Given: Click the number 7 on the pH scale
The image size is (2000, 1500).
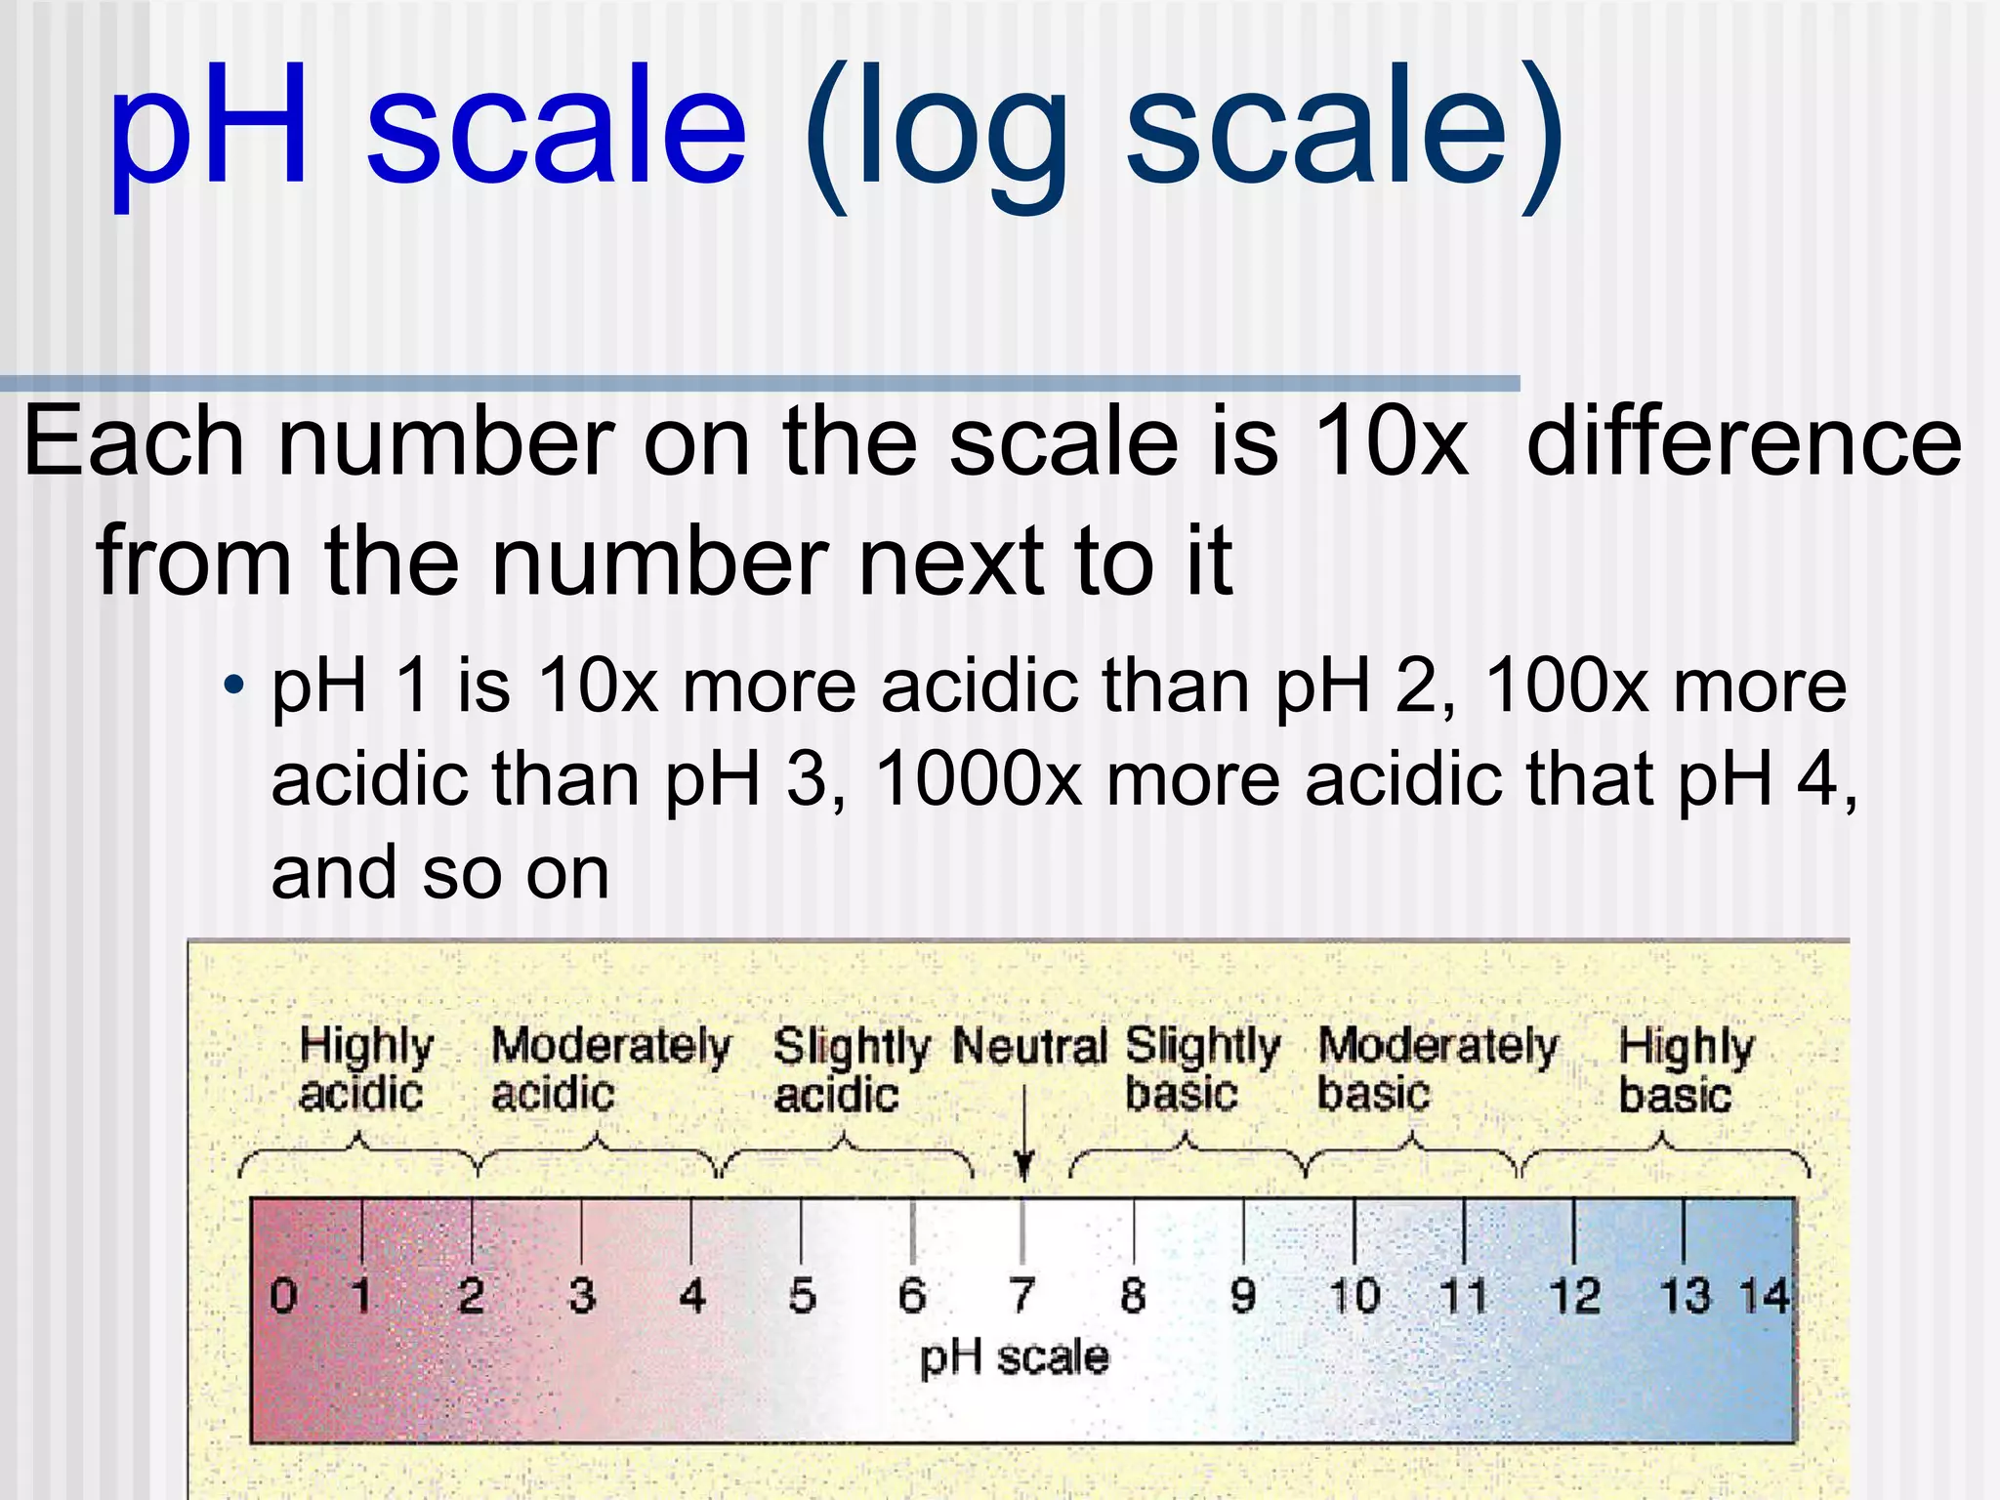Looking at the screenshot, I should tap(1021, 1296).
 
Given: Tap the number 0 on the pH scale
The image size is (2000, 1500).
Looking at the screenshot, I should tap(283, 1296).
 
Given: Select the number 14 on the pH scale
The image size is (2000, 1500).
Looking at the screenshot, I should tap(1764, 1296).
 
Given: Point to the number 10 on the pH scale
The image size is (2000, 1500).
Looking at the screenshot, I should tap(1354, 1296).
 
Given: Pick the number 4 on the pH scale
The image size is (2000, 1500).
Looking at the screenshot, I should tap(692, 1296).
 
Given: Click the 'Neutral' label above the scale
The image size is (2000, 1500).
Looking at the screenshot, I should tap(1029, 1046).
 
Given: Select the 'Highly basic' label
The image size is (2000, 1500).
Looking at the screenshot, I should tap(1686, 1069).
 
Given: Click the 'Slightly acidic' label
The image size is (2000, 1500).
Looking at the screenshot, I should tap(850, 1069).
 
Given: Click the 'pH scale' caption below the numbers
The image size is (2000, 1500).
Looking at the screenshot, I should tap(1015, 1357).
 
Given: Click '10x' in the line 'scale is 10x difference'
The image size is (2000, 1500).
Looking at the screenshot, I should tap(1391, 442).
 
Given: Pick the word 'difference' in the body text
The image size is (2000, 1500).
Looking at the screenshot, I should tap(1744, 442).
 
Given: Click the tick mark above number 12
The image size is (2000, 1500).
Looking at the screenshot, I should tap(1573, 1230).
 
